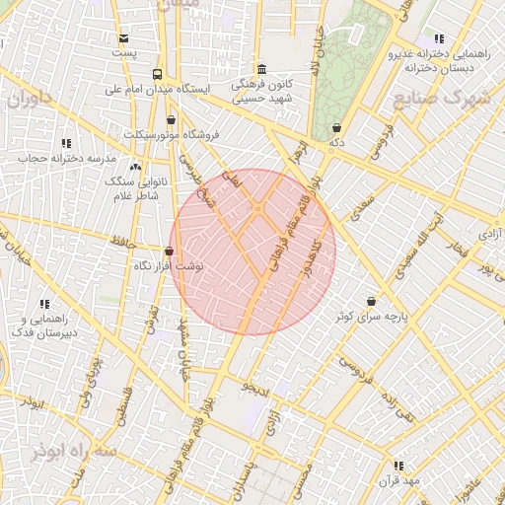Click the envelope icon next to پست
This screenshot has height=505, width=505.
pyautogui.click(x=123, y=38)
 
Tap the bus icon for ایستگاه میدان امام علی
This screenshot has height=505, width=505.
pyautogui.click(x=157, y=75)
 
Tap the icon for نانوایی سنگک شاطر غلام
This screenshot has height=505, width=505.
pyautogui.click(x=135, y=167)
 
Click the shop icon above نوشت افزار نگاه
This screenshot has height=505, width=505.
pyautogui.click(x=169, y=252)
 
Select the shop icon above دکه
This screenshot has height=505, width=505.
pyautogui.click(x=337, y=127)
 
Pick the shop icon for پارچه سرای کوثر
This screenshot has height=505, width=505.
pyautogui.click(x=371, y=301)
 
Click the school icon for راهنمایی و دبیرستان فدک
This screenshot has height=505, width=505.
pyautogui.click(x=43, y=304)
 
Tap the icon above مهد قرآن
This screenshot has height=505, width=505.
pyautogui.click(x=398, y=465)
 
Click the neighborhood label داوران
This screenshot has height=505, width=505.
pyautogui.click(x=30, y=100)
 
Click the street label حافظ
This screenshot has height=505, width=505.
pyautogui.click(x=123, y=239)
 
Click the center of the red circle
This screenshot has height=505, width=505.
pyautogui.click(x=252, y=252)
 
